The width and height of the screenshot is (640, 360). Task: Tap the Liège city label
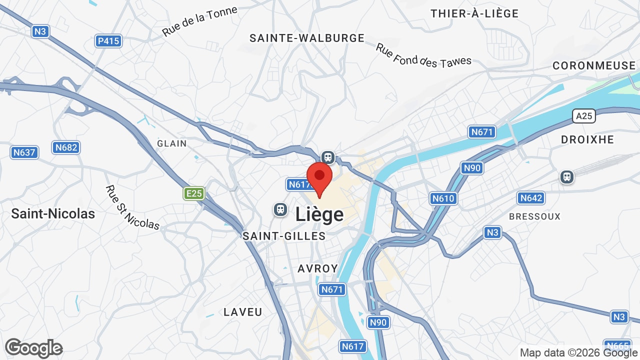click(319, 214)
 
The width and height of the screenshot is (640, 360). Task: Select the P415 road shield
click(108, 41)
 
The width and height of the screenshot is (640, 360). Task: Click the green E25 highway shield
click(194, 193)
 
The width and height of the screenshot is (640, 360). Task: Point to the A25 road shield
click(583, 116)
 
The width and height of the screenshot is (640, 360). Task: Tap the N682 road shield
click(66, 147)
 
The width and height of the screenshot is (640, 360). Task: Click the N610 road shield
click(443, 198)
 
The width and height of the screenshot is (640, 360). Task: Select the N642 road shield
click(531, 198)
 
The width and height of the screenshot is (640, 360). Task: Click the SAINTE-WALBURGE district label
click(307, 38)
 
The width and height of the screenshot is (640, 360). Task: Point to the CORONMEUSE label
click(594, 65)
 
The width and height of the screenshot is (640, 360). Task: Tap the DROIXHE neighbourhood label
click(587, 139)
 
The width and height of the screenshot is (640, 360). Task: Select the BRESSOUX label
click(534, 216)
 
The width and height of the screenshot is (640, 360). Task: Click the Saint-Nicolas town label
click(53, 213)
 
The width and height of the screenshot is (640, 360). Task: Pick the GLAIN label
click(172, 143)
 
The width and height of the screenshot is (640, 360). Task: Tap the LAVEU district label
click(243, 312)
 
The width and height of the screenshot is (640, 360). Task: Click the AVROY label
click(318, 268)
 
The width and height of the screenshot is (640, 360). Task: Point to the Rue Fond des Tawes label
click(423, 55)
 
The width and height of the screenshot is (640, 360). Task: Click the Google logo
click(33, 348)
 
